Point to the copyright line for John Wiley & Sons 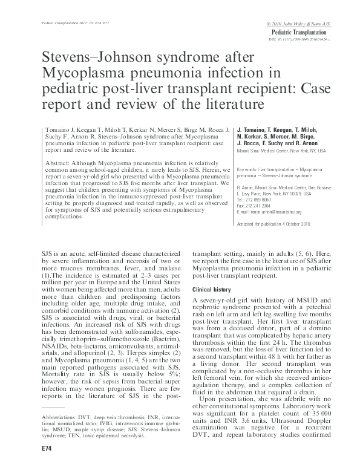coord(306,22)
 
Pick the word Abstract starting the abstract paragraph coord(59,163)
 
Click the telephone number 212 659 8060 coord(257,200)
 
